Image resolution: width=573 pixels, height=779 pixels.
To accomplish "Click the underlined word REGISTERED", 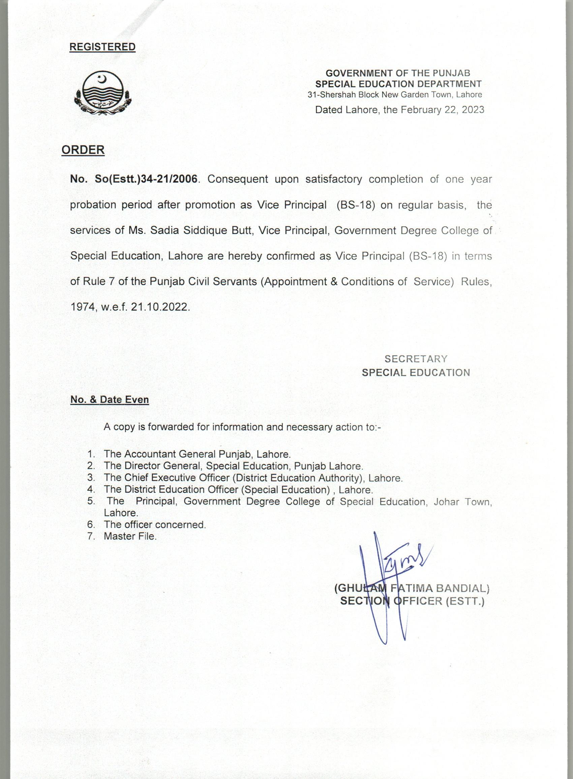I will coord(102,47).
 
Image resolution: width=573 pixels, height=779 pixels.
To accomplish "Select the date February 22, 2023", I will coord(442,110).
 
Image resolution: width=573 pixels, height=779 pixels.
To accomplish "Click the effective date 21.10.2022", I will coord(160,307).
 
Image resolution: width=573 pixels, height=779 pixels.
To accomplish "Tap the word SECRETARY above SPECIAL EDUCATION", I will coord(416,359).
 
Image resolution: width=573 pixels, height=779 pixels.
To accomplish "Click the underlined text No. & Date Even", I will coord(110,399).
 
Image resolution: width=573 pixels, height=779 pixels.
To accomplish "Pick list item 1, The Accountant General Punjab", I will coord(197,454).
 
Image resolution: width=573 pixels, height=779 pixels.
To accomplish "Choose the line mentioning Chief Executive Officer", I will coord(253,478).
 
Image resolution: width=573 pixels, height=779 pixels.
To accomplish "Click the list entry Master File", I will coord(130,537).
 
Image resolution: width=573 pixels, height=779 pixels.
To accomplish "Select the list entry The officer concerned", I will coord(155,525).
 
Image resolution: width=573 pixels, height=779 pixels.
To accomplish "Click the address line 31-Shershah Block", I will coord(395,95).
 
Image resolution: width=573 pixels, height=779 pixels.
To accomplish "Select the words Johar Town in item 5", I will coord(463,502).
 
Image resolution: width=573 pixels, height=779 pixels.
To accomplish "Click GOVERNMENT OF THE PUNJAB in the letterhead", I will coord(398,73).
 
